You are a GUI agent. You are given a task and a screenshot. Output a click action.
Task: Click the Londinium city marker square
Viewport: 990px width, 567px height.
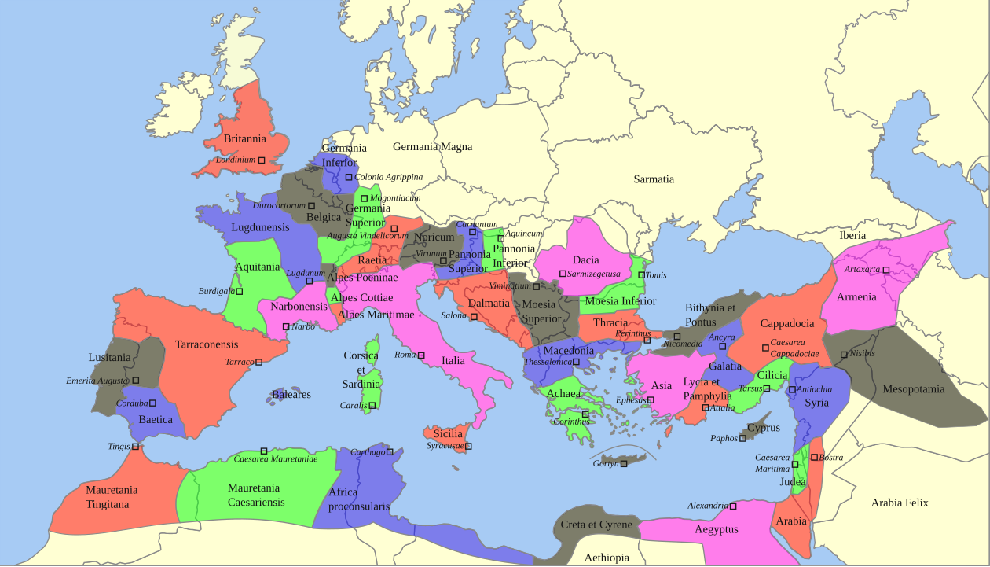[262, 160]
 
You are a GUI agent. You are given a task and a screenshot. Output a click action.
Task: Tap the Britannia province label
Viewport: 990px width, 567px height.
[245, 139]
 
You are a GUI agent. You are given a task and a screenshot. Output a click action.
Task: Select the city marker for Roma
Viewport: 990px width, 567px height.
[421, 355]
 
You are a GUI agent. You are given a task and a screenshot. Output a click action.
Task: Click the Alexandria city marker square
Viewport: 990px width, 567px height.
[733, 506]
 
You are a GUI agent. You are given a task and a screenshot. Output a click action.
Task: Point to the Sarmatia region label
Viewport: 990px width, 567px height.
[654, 179]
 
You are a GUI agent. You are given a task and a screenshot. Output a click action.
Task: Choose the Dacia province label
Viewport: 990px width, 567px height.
[585, 260]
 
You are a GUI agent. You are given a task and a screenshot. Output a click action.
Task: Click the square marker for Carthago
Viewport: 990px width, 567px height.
[390, 452]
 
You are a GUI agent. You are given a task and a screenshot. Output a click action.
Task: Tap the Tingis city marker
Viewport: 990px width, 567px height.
[135, 447]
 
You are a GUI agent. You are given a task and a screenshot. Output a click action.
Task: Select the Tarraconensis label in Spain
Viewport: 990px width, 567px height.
[207, 344]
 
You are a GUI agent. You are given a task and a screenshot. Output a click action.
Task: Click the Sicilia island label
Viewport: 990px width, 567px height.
[448, 434]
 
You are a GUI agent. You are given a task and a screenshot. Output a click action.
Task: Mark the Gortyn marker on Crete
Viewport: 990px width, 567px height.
[624, 464]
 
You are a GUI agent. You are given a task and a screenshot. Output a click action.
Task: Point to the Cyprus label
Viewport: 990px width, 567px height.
[764, 429]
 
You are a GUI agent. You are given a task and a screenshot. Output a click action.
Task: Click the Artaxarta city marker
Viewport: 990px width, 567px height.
[885, 270]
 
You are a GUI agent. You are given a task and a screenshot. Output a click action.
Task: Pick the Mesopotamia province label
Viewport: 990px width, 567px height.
[914, 389]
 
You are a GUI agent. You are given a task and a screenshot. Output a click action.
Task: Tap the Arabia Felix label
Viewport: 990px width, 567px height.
[900, 503]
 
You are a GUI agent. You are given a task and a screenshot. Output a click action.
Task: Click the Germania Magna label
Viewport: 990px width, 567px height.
[432, 147]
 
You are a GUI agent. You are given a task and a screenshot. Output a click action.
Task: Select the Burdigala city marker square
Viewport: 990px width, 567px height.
[240, 292]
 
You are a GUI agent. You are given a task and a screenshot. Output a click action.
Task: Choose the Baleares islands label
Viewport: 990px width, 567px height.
[291, 395]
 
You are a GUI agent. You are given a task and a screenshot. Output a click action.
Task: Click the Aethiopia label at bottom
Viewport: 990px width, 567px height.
[607, 558]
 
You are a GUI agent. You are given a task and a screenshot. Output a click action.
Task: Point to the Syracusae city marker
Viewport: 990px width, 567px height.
[468, 447]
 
